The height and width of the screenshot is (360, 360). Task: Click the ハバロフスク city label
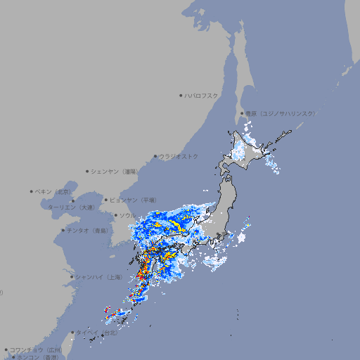(202, 95)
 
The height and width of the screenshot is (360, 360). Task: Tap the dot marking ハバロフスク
(181, 95)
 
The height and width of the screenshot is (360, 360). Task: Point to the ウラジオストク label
(179, 156)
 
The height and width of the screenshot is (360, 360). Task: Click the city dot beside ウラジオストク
(155, 156)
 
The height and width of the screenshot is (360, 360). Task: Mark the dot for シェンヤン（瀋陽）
(88, 171)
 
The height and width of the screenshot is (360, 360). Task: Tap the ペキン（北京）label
(54, 191)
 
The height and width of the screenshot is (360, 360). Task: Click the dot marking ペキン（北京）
(32, 191)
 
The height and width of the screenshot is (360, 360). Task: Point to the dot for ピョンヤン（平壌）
(107, 200)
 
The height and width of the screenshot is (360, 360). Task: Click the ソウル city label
(128, 215)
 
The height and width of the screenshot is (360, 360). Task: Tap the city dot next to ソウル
(115, 215)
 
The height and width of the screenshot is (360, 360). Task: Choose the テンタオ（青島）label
(88, 230)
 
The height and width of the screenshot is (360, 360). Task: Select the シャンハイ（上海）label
(98, 277)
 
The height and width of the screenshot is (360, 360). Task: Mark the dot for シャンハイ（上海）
(72, 277)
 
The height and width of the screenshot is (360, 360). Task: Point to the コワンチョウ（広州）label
(36, 349)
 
